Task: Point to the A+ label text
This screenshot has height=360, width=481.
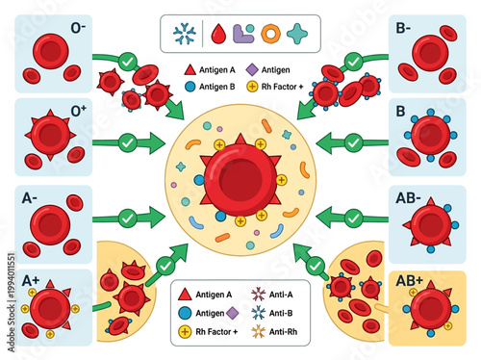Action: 28,281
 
